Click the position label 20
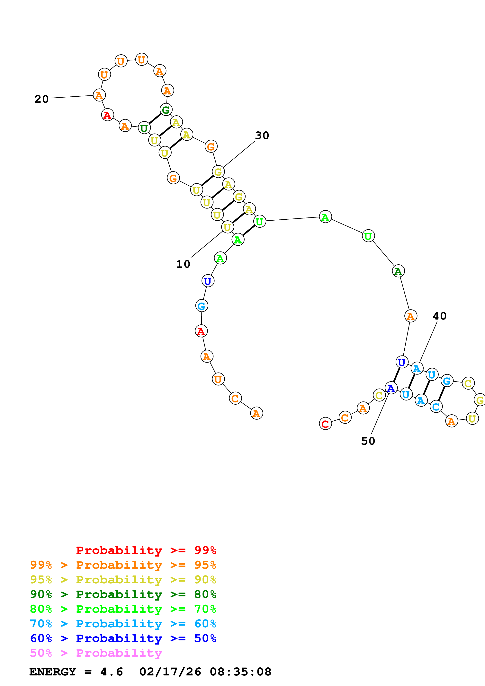coord(41,99)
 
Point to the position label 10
coord(183,264)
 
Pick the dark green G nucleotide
coord(166,110)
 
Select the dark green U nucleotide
coord(144,128)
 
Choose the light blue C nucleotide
coord(436,407)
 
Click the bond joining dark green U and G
coord(155,119)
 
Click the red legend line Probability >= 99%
coord(146,550)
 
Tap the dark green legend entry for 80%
coord(123,594)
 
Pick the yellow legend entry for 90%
coord(123,580)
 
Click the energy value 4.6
coord(112,672)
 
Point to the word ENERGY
coord(53,672)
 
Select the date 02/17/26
coord(170,672)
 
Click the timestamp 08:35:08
coord(240,672)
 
